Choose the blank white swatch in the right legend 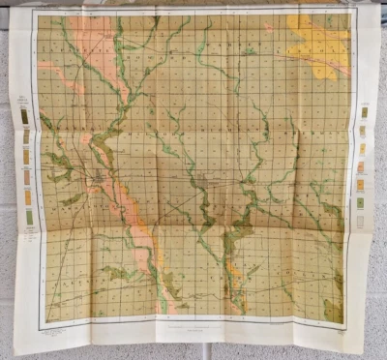(x=361, y=221)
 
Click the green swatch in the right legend (x=361, y=203)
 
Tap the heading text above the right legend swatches (x=364, y=102)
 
